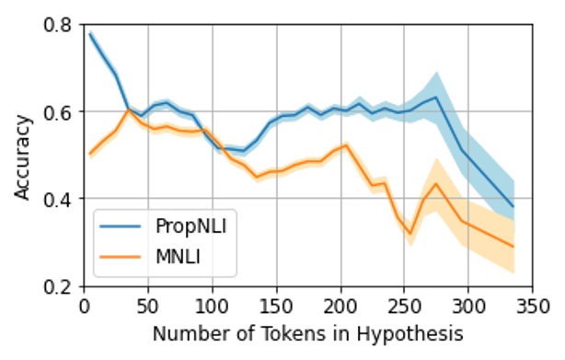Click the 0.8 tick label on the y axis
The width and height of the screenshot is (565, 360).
59,25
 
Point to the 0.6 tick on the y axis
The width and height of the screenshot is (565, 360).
59,111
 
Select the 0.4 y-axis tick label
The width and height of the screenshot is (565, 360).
59,199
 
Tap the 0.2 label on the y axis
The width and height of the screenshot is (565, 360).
59,286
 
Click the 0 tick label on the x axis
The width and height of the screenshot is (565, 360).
84,305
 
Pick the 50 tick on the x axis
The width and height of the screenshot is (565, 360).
148,305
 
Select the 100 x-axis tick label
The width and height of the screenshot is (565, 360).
212,305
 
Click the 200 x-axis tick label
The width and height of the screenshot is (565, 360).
340,305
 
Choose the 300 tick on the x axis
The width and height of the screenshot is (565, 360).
467,305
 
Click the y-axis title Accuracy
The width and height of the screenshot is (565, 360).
21,155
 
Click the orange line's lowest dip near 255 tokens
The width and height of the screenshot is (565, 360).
410,234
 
